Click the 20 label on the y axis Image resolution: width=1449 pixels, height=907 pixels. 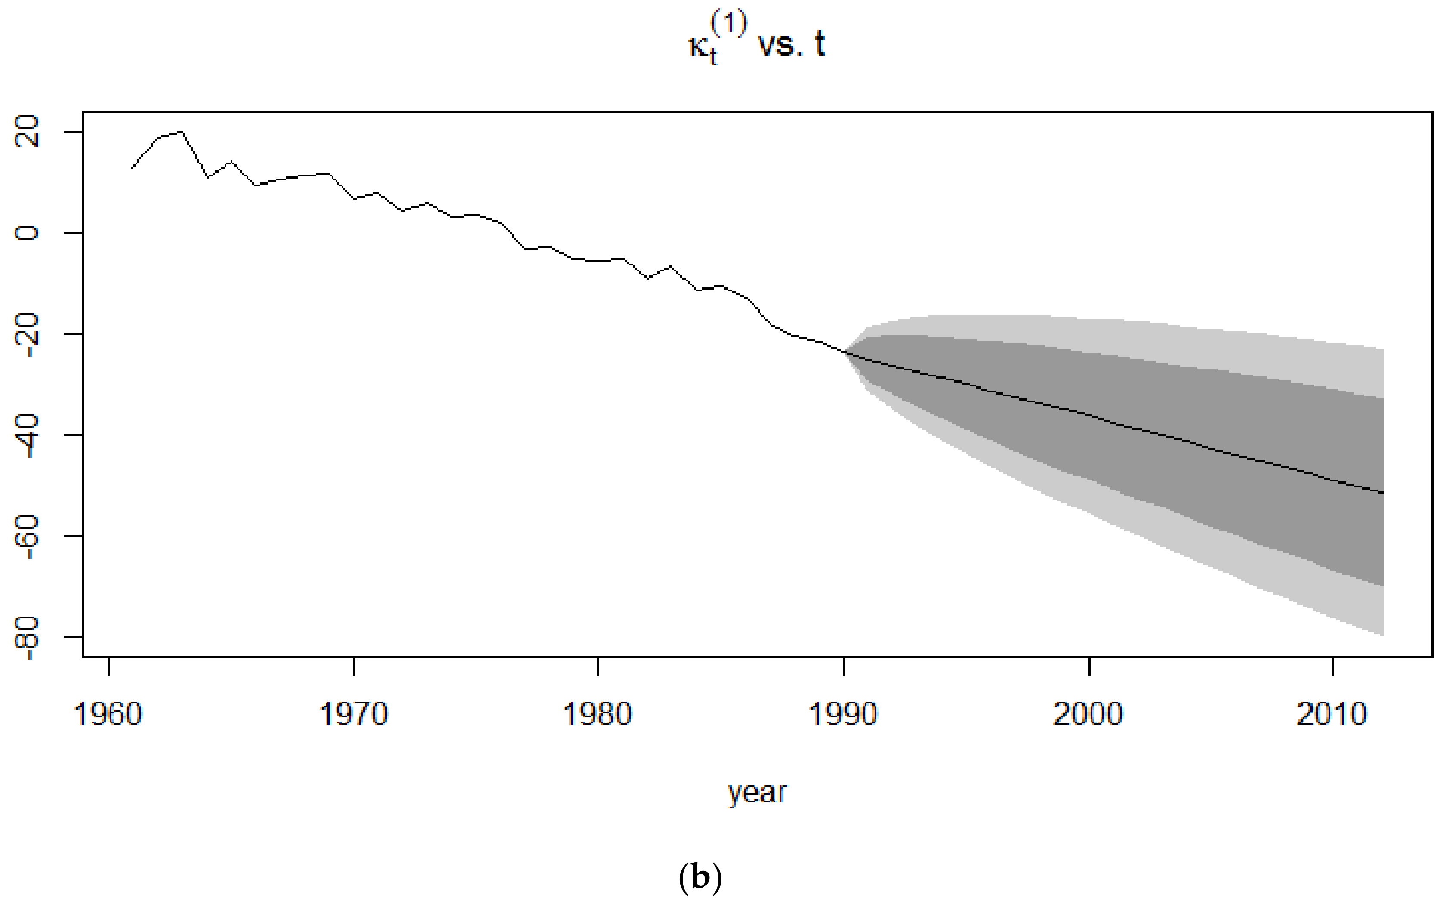28,131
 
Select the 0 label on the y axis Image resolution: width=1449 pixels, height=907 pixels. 28,232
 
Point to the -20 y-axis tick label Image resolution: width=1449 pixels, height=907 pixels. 28,335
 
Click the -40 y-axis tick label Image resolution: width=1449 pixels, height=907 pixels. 28,435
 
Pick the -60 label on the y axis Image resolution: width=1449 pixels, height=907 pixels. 28,536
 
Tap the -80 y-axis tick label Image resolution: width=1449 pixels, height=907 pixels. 28,638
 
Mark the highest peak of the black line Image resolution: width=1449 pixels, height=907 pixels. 181,131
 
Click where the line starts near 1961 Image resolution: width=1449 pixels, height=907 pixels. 133,167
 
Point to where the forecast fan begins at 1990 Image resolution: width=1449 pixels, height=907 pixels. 845,352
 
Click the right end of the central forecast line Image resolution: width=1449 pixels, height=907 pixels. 1382,493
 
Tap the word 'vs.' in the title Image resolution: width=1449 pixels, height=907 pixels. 780,46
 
